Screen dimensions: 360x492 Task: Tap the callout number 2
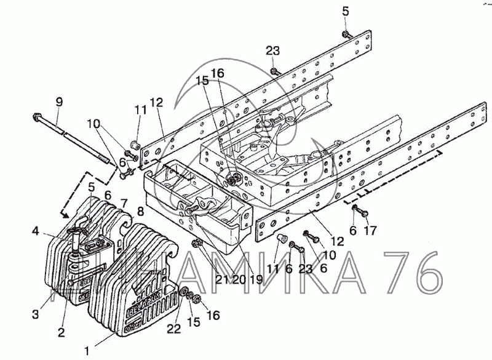tap(61, 333)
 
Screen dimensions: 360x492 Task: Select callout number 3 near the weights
tap(36, 314)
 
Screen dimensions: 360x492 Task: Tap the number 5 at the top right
tap(345, 10)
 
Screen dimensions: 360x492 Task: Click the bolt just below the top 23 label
tap(275, 72)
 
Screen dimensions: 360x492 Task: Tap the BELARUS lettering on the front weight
tap(145, 303)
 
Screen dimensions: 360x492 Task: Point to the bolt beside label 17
tap(360, 213)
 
